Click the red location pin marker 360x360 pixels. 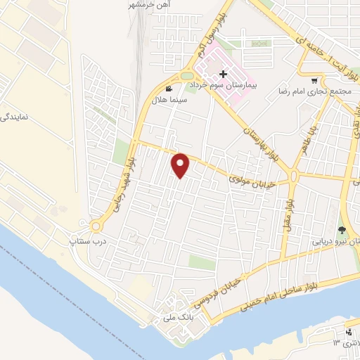click(x=181, y=165)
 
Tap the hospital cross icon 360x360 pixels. click(x=223, y=74)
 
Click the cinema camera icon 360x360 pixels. click(x=169, y=89)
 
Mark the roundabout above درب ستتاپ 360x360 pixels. click(x=96, y=226)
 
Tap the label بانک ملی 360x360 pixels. click(x=176, y=317)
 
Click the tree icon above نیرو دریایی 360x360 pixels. click(x=342, y=230)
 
